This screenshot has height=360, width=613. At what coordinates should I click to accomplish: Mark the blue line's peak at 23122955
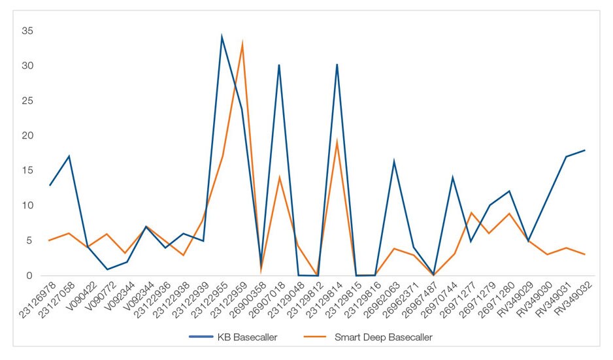222,37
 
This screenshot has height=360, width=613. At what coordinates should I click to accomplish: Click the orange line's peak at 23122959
242,43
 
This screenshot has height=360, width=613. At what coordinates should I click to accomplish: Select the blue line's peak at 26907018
279,65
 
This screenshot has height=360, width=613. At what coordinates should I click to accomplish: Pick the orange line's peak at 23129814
337,141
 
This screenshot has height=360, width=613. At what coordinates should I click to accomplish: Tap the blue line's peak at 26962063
394,161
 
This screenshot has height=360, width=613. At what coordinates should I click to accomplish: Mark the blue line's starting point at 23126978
50,185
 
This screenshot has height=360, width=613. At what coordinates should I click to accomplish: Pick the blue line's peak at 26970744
452,177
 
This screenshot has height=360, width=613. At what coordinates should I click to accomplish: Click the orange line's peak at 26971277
471,212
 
